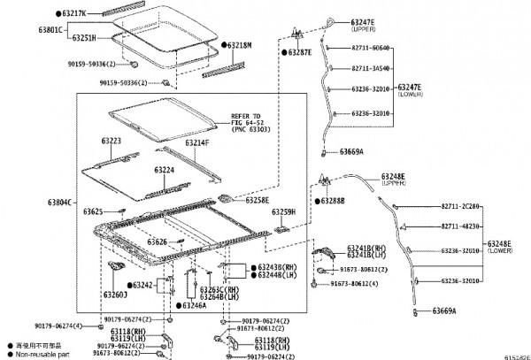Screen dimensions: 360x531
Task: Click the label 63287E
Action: [x=298, y=53]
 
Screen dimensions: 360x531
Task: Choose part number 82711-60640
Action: [x=366, y=48]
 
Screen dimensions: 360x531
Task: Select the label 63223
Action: [x=111, y=142]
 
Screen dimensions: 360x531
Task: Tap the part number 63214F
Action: [x=197, y=142]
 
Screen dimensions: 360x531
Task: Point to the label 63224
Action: [x=165, y=169]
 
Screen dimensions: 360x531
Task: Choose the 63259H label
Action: [x=283, y=212]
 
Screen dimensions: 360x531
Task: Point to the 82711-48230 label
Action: [x=461, y=226]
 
